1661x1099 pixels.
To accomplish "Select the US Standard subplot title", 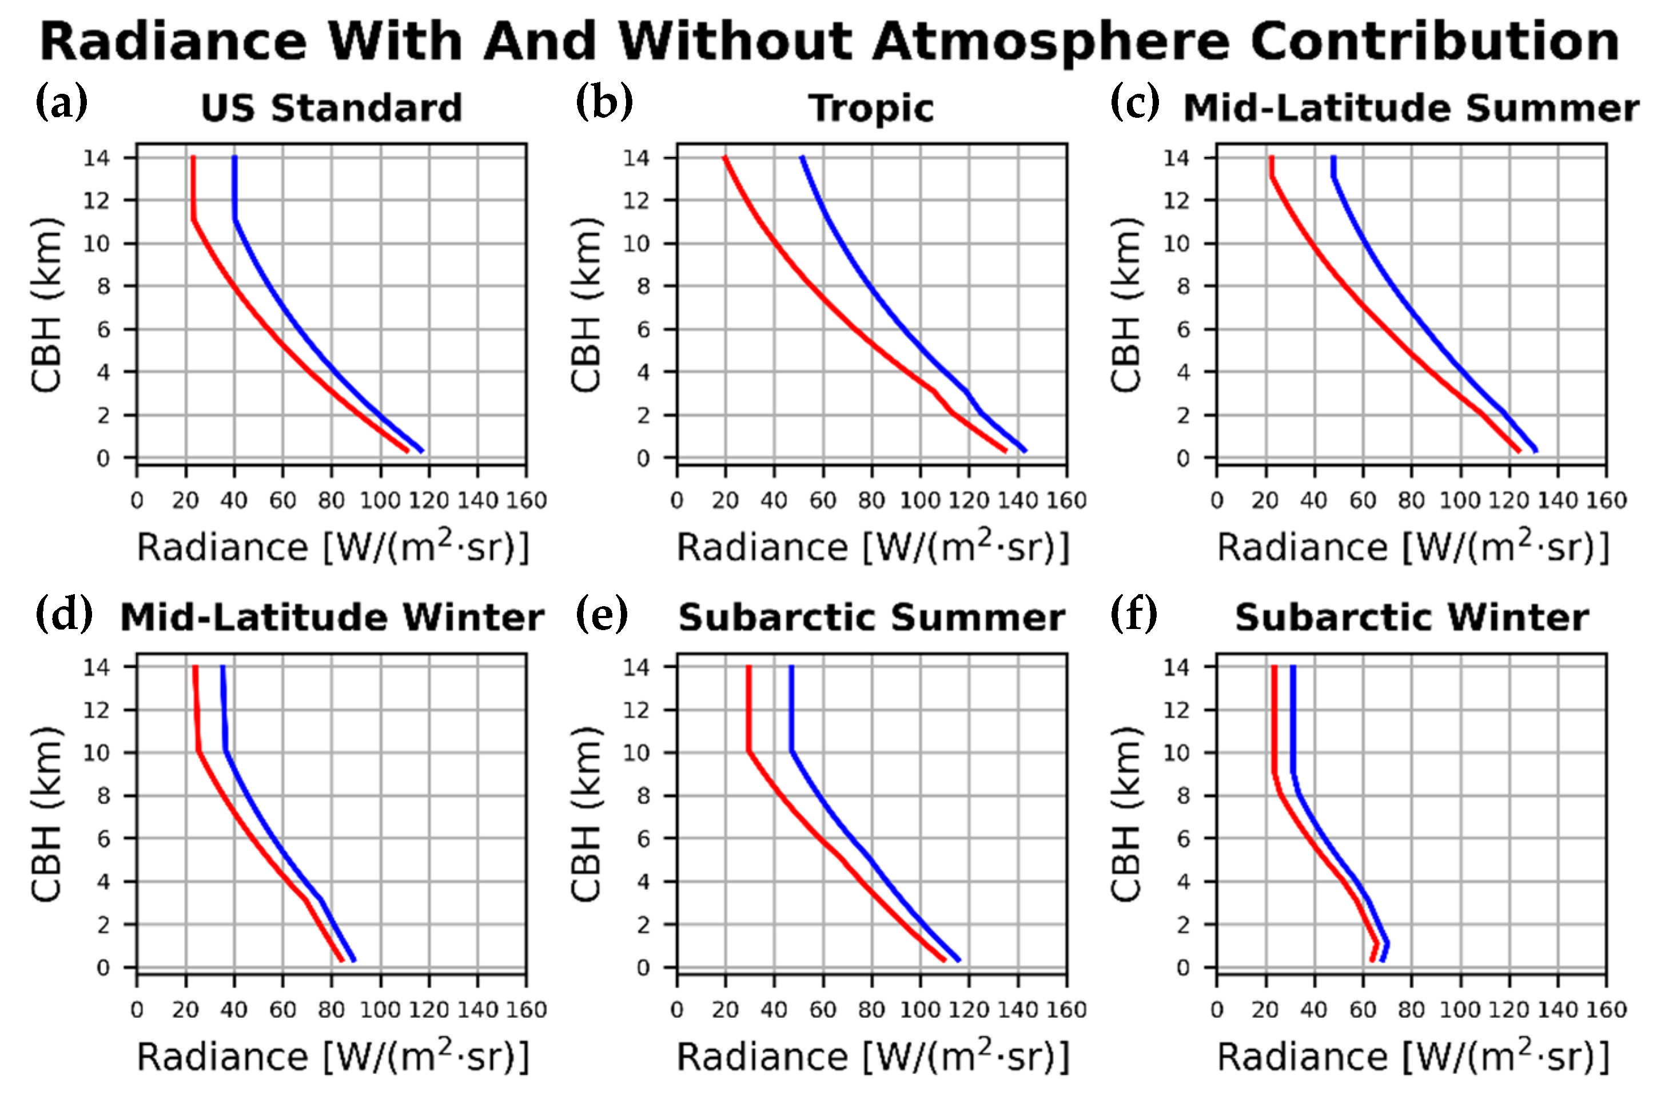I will (331, 109).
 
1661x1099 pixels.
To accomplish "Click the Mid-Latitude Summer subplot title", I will (1411, 109).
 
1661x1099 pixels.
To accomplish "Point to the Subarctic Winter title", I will (1411, 618).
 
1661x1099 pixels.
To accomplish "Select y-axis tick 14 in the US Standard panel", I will (97, 158).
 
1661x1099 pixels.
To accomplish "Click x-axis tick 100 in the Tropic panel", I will (919, 500).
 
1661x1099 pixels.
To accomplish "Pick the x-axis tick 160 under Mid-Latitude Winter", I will (525, 1010).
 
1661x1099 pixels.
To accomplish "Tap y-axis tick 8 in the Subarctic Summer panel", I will (643, 796).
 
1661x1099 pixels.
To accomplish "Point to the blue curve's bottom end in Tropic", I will (1025, 451).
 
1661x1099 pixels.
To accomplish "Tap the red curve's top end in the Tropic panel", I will (726, 158).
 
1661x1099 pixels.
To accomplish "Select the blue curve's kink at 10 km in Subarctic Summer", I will (792, 752).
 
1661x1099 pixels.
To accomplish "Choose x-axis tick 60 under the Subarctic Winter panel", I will (1362, 1010).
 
